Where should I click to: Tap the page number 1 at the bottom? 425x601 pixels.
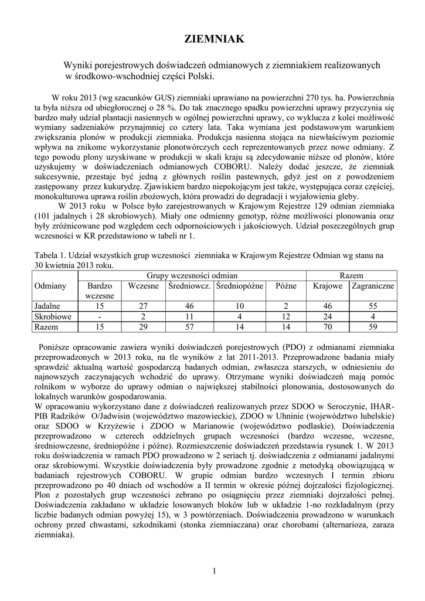click(215, 571)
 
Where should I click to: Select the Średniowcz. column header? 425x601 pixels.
click(189, 286)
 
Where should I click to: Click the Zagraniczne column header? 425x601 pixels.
click(373, 286)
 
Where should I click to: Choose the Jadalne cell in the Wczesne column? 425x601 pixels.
click(144, 306)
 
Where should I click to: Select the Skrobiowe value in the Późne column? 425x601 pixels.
click(285, 316)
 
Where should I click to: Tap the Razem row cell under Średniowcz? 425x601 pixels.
click(189, 327)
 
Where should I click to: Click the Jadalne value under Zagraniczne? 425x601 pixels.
click(373, 306)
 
